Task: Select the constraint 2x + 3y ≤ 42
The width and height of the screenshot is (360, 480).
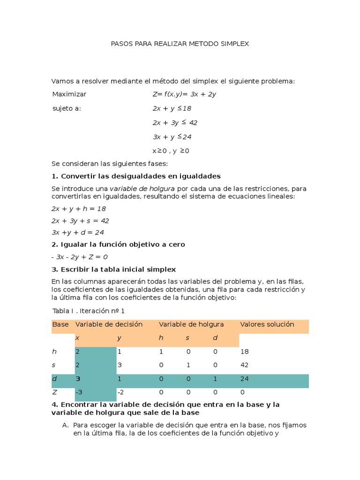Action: point(175,123)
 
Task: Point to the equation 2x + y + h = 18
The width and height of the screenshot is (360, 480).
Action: point(79,209)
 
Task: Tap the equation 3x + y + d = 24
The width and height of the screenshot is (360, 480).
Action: point(77,232)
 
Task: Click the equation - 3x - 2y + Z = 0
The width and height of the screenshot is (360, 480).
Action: point(79,257)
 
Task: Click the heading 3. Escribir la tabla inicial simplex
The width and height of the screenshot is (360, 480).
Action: point(113,269)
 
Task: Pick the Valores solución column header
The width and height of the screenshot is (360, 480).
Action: point(267,324)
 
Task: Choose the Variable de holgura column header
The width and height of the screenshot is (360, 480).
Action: point(191,324)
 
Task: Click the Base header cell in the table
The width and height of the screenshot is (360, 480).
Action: point(60,324)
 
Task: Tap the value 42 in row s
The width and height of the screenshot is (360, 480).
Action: point(244,365)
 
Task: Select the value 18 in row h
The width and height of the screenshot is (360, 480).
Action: point(244,351)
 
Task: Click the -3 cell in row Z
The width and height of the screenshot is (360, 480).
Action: point(80,392)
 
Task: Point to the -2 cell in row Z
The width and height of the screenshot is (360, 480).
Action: point(121,392)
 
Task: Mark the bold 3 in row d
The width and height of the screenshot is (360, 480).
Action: point(78,378)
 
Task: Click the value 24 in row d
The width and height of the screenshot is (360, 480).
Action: point(244,378)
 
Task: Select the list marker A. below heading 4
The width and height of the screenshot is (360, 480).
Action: point(65,425)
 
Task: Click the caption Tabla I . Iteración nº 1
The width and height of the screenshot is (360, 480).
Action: point(88,311)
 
